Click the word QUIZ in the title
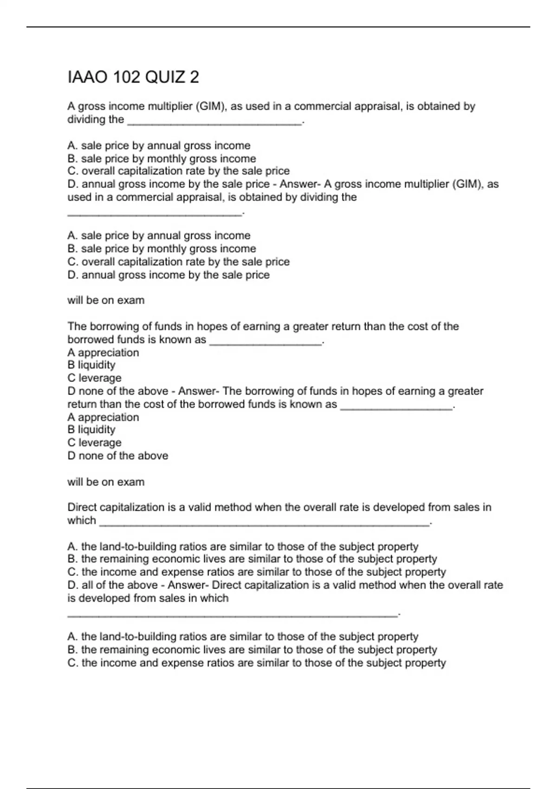point(165,77)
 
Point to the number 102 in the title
point(127,77)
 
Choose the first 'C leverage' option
point(94,378)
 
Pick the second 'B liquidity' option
point(91,430)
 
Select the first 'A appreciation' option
point(103,353)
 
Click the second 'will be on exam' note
point(106,482)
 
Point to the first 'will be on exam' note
point(106,300)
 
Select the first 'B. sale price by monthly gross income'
point(162,159)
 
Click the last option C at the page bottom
point(256,663)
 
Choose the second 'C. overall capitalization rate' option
point(178,262)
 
